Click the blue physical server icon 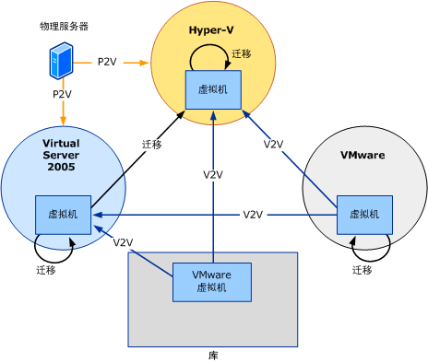[62, 64]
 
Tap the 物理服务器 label [65, 27]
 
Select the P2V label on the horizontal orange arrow [108, 63]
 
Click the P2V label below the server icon [62, 94]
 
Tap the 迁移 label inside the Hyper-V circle [242, 54]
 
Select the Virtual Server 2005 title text [62, 155]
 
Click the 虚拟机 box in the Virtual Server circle [63, 214]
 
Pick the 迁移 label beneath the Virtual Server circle [47, 270]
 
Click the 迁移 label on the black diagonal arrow [152, 145]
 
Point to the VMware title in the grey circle [364, 156]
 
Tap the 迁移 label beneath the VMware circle [363, 270]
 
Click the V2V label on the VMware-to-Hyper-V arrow [273, 145]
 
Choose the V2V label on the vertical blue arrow [213, 174]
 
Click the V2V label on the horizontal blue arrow [254, 215]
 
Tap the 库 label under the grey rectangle [213, 354]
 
